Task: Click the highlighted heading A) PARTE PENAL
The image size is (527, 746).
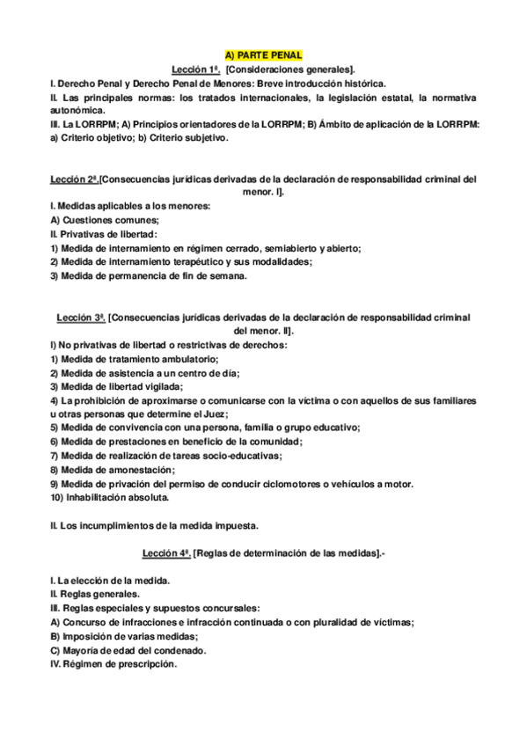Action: [x=263, y=55]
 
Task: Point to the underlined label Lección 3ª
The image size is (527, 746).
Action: [x=80, y=317]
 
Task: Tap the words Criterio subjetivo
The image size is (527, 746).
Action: [x=189, y=138]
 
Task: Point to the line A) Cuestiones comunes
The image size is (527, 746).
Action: [x=105, y=220]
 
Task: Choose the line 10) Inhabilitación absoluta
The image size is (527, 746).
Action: [x=110, y=497]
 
